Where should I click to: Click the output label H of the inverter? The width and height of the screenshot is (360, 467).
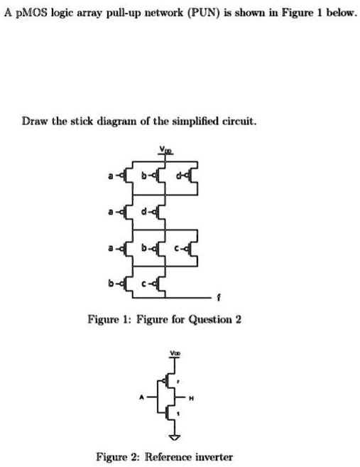pos(202,398)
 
